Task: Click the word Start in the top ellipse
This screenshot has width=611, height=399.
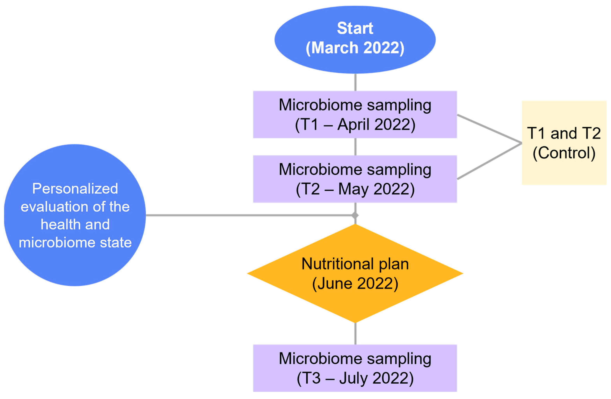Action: (x=355, y=28)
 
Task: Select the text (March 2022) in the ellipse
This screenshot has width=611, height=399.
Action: (x=355, y=48)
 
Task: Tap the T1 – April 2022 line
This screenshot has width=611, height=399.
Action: (x=355, y=125)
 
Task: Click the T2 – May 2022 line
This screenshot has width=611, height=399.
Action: (x=355, y=189)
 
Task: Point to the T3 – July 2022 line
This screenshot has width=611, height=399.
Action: (x=355, y=378)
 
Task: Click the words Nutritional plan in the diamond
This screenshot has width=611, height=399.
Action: (x=355, y=264)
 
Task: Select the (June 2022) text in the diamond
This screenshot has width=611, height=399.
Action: (x=355, y=283)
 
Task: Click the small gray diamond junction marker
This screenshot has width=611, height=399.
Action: (x=355, y=215)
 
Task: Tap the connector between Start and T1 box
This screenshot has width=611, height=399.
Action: (x=355, y=82)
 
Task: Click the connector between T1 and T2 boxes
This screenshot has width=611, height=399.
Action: (x=355, y=147)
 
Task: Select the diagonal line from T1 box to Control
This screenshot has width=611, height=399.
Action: (x=489, y=129)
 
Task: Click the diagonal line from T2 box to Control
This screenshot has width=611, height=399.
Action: (x=489, y=161)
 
